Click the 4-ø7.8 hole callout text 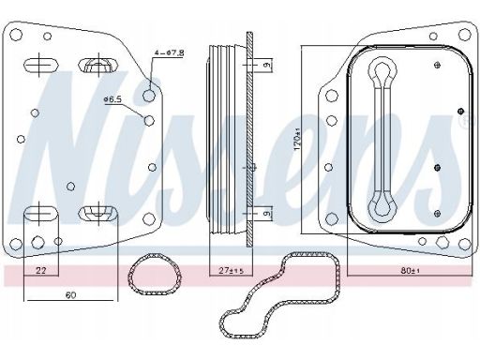pyautogui.click(x=169, y=52)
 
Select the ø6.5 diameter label pyautogui.click(x=112, y=99)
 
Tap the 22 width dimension pyautogui.click(x=40, y=270)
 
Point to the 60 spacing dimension pyautogui.click(x=71, y=294)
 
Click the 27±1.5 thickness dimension pyautogui.click(x=231, y=271)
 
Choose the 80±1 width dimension pyautogui.click(x=411, y=271)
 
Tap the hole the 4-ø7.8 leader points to pyautogui.click(x=149, y=95)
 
